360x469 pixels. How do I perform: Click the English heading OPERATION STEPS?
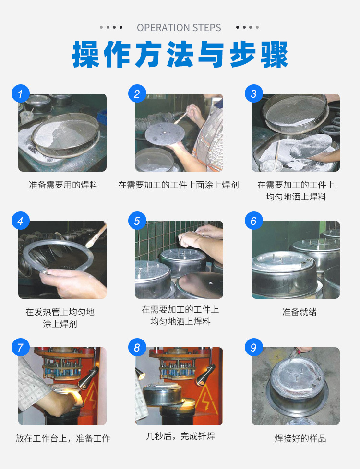[179, 28]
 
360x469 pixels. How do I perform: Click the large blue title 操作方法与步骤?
[180, 55]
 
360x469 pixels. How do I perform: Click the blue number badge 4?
[20, 221]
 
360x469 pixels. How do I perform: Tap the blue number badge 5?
[137, 221]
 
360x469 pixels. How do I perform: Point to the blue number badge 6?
[253, 221]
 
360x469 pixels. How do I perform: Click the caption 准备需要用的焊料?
[63, 185]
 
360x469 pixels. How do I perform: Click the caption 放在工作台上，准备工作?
[63, 438]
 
